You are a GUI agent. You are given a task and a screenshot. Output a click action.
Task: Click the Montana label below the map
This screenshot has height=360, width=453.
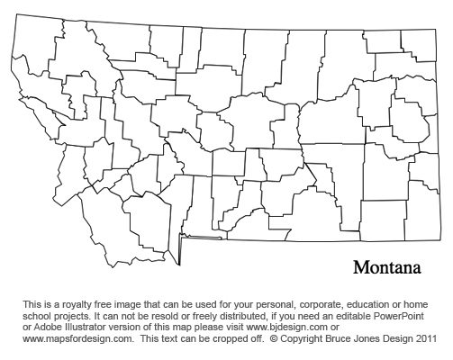(387, 268)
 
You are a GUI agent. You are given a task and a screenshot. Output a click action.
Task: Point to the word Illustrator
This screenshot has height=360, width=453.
(84, 328)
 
